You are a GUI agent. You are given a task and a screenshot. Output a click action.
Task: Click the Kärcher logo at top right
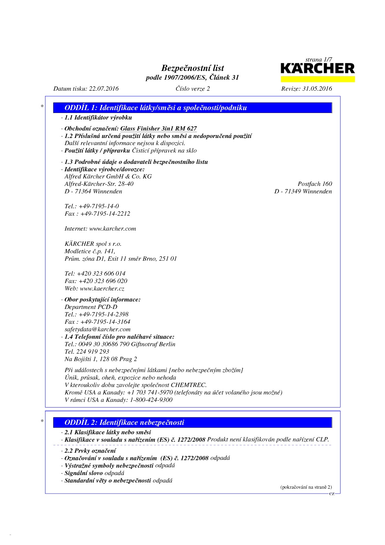coord(318,69)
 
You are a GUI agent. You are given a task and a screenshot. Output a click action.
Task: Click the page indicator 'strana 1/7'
coord(319,60)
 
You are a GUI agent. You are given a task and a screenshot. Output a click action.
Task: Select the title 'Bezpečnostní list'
coord(192,68)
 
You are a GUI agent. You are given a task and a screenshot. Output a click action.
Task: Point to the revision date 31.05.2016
coord(317,89)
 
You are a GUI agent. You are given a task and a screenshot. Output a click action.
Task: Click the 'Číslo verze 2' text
coord(192,89)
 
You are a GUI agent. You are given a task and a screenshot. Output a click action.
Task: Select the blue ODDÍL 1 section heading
coord(193,108)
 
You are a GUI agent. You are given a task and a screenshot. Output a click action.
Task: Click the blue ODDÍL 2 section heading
coord(193,422)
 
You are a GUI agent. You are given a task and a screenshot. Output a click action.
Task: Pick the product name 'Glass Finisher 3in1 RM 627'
coord(159,129)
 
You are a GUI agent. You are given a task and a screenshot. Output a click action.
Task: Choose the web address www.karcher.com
coord(113,229)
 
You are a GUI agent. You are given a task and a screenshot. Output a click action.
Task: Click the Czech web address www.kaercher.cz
coord(102,289)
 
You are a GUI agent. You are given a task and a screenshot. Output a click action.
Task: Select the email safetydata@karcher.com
coord(97,329)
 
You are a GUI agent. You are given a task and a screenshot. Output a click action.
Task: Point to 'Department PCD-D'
coord(91,307)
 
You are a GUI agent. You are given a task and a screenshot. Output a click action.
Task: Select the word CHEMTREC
coord(188,385)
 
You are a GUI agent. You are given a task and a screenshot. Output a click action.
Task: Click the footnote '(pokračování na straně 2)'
coord(306,487)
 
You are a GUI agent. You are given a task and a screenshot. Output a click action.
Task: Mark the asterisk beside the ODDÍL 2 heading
coord(42,421)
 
